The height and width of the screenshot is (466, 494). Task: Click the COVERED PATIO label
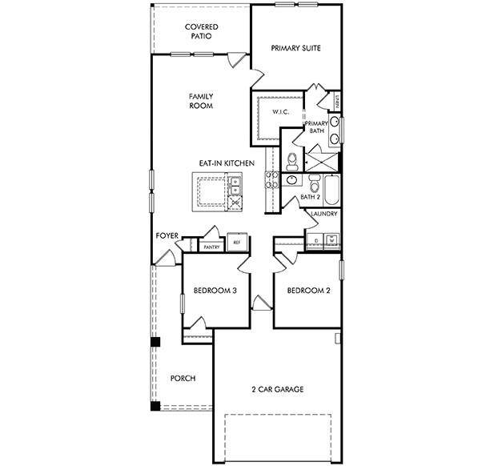(201, 31)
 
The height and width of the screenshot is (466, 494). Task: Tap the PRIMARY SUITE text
(295, 48)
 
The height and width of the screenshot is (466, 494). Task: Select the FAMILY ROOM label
(200, 101)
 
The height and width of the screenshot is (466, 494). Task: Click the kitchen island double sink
(235, 186)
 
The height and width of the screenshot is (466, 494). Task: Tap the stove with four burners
(235, 203)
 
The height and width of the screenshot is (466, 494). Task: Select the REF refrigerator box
(236, 242)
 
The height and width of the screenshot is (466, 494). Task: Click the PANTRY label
(211, 247)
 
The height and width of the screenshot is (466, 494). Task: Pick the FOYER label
(167, 236)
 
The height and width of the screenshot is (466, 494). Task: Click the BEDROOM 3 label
(214, 291)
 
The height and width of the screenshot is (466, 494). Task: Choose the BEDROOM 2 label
(308, 291)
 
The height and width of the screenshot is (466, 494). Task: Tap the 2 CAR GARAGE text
(276, 390)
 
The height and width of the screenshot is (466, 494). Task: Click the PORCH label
(183, 378)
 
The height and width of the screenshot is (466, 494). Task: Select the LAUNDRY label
(323, 215)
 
